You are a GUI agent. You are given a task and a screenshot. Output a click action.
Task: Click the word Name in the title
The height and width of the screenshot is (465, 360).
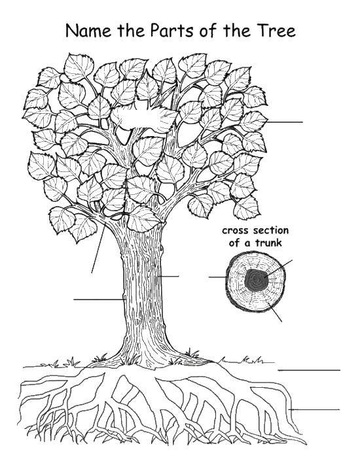[88, 31]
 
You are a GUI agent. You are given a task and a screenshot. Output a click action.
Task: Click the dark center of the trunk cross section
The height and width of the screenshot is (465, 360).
[256, 280]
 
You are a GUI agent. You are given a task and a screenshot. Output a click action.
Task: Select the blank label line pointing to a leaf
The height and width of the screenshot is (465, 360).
[285, 122]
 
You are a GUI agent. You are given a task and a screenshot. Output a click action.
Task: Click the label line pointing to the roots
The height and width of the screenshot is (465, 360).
[314, 409]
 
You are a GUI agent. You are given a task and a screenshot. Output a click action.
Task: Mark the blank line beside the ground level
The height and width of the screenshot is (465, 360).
[309, 370]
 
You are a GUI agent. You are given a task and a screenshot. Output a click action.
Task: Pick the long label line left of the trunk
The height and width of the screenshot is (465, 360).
[99, 300]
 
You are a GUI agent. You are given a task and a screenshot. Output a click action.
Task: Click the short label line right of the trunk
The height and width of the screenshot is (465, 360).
[168, 277]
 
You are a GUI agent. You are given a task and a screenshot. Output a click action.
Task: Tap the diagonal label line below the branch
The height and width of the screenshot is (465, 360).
[98, 249]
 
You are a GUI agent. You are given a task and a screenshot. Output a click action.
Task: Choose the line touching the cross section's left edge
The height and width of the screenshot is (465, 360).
[217, 277]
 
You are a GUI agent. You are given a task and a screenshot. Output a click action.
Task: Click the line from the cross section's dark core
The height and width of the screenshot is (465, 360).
[278, 268]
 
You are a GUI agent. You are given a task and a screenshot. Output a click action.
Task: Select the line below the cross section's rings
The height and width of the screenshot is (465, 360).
[274, 312]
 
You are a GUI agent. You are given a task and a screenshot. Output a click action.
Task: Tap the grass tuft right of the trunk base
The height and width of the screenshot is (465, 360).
[192, 353]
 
